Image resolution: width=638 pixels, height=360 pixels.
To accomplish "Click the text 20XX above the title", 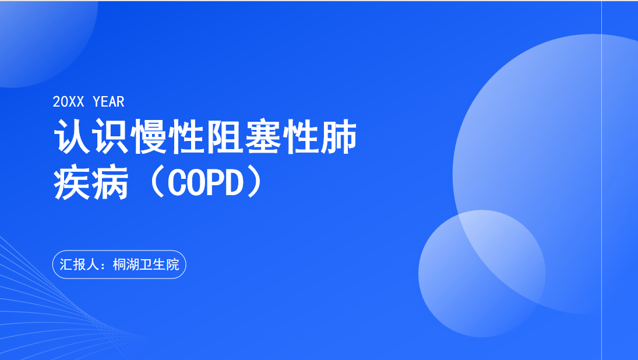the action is (x=68, y=101).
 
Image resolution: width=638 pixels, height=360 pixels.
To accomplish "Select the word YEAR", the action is (x=108, y=101).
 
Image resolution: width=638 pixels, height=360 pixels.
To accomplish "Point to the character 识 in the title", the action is (x=110, y=137).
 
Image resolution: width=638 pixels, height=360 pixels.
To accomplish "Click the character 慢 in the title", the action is (x=149, y=137).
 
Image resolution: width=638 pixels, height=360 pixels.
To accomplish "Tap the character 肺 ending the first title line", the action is (x=339, y=137).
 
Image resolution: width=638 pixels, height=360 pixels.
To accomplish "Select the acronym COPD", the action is (x=206, y=183).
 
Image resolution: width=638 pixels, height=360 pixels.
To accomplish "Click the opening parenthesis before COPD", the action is (x=157, y=183).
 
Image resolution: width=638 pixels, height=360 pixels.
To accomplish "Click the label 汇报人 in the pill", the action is (x=79, y=264).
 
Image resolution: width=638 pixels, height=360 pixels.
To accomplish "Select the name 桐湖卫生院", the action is (x=146, y=264).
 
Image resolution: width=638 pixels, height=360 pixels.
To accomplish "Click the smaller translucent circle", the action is (x=482, y=273).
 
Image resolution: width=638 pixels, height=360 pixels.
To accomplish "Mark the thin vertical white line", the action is (x=601, y=180).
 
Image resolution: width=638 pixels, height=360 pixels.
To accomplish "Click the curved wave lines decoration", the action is (x=49, y=309).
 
